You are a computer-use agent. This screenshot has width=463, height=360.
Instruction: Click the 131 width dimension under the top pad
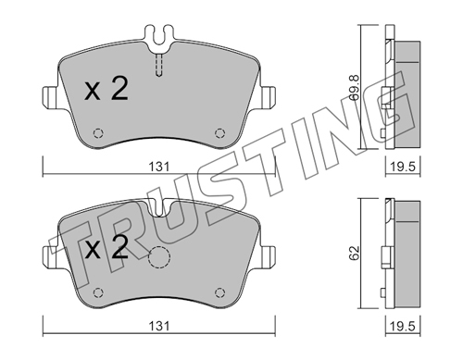159,167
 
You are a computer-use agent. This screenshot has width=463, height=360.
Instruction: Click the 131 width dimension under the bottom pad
159,326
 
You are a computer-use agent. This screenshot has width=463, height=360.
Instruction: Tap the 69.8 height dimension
354,89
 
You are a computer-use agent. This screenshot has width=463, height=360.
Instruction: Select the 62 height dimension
355,253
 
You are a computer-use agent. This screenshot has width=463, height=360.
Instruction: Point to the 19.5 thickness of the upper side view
403,167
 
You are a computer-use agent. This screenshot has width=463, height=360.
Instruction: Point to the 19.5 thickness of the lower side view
403,326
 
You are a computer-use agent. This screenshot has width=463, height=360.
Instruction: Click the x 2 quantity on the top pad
106,89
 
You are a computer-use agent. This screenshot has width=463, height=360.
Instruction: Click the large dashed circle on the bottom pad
159,257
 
